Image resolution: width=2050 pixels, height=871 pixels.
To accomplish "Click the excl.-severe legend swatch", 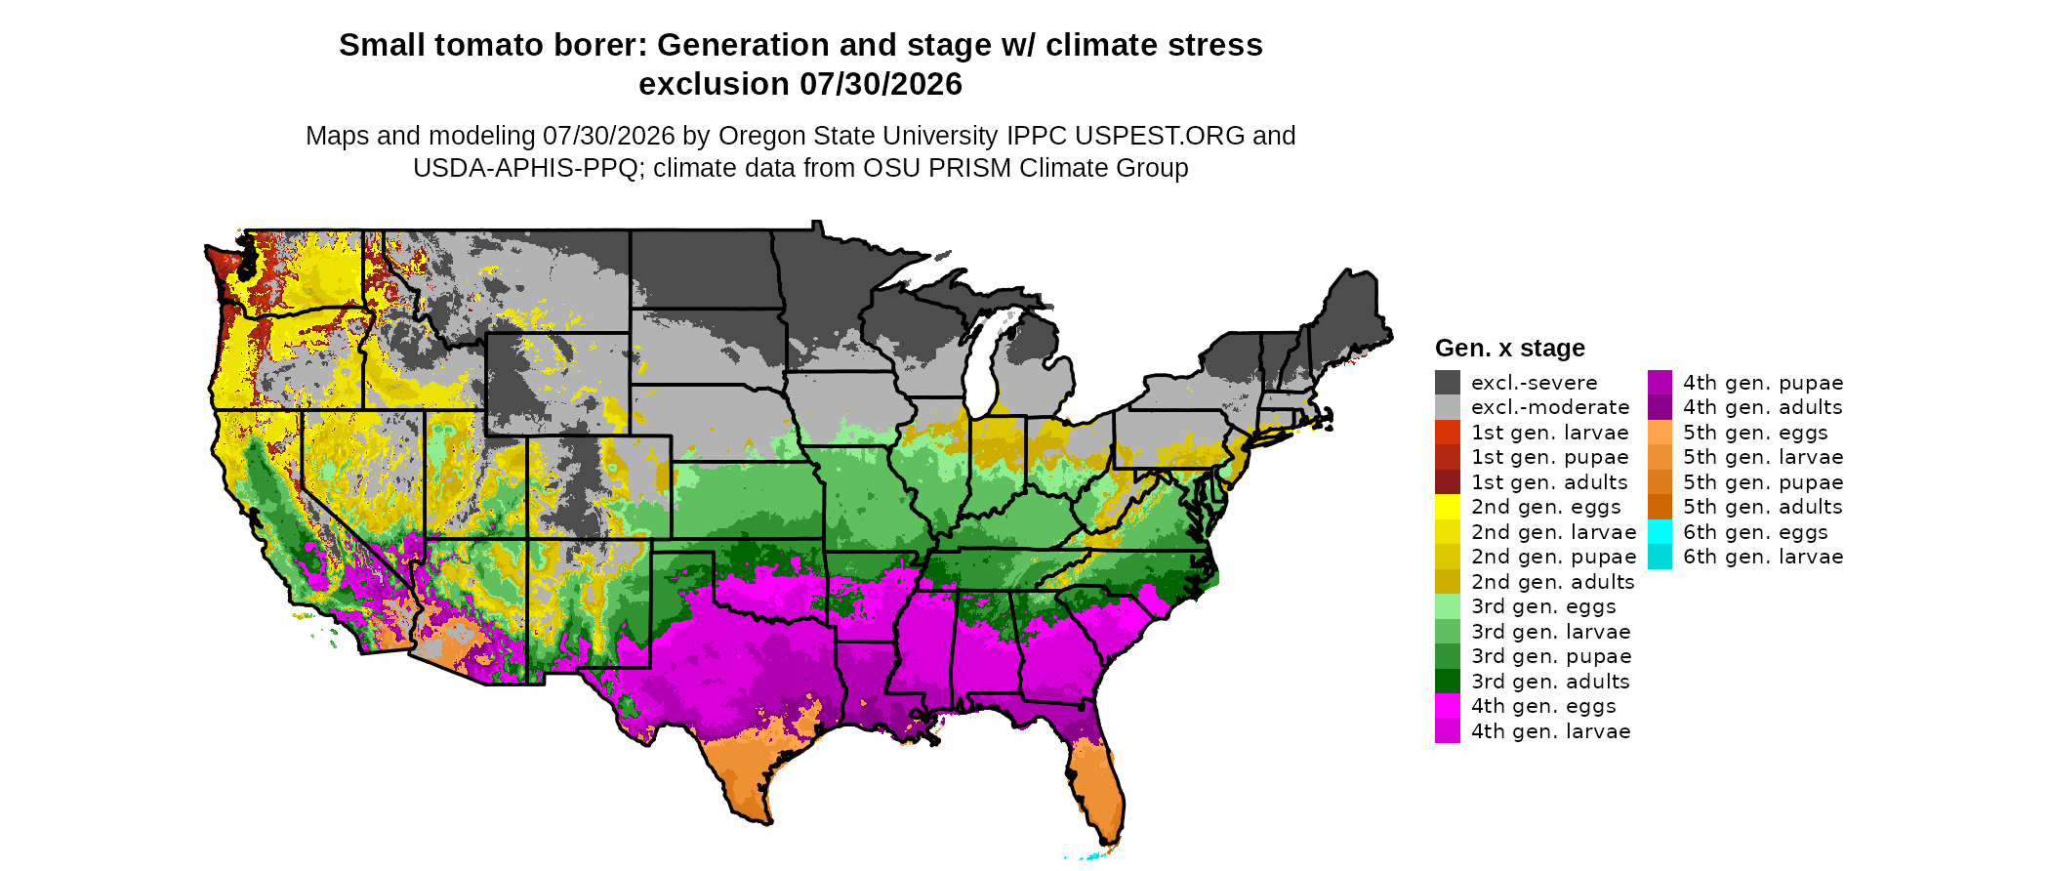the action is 1448,382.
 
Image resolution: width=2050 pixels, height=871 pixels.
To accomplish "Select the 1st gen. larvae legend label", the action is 1550,433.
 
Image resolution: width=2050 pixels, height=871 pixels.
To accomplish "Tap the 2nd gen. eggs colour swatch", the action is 1448,507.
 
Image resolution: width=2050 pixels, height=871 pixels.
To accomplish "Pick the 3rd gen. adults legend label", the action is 1550,682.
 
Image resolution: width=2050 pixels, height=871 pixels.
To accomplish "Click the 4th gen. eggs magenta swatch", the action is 1448,706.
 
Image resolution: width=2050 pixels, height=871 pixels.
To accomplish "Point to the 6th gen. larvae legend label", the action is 1763,557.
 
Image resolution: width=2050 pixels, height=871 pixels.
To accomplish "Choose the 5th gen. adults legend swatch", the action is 1660,507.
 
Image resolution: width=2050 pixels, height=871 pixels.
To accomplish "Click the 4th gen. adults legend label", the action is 1763,407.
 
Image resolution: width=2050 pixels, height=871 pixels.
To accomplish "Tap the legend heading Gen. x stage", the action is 1510,349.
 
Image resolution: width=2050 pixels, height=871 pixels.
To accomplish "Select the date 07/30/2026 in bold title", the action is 881,84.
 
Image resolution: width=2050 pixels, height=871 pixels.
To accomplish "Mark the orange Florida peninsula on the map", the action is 1098,786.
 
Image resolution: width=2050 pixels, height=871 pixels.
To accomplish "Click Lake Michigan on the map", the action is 989,356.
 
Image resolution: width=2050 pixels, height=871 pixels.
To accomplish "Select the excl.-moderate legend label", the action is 1550,407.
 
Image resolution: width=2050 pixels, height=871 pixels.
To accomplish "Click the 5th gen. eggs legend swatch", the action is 1660,433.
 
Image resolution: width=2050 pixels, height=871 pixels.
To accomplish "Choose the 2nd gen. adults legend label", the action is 1552,582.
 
